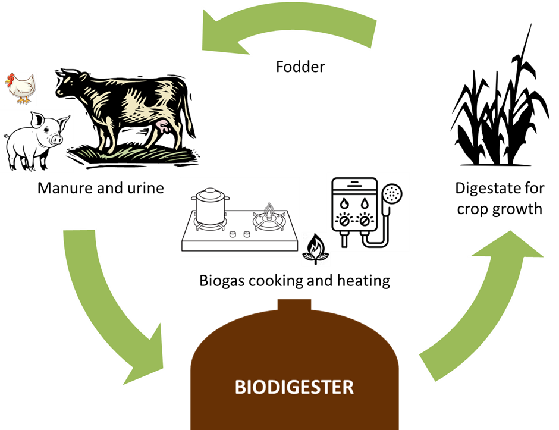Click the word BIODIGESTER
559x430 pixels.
point(294,388)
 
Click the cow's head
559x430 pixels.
point(70,86)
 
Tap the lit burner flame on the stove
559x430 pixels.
point(269,211)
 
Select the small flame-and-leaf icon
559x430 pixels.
point(316,249)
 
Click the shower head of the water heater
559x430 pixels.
point(392,193)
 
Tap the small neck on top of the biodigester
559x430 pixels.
point(294,306)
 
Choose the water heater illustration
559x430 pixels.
point(369,212)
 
